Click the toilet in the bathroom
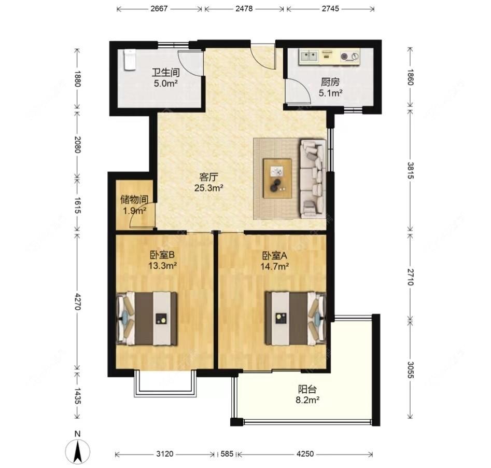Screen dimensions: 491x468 [x=129, y=60]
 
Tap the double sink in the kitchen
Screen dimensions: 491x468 [x=309, y=57]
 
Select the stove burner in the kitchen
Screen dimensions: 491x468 [x=345, y=57]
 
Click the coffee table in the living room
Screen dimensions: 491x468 [x=277, y=178]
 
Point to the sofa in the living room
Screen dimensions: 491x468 [x=313, y=178]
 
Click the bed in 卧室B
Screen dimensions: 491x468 [x=147, y=318]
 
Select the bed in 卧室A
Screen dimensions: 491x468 [x=296, y=318]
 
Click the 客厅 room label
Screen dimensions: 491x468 [x=208, y=177]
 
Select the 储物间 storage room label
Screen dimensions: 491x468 [x=134, y=200]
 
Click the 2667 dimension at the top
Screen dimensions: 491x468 [x=159, y=8]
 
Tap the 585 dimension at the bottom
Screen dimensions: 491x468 [x=227, y=453]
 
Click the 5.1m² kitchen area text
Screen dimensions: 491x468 [x=330, y=93]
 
